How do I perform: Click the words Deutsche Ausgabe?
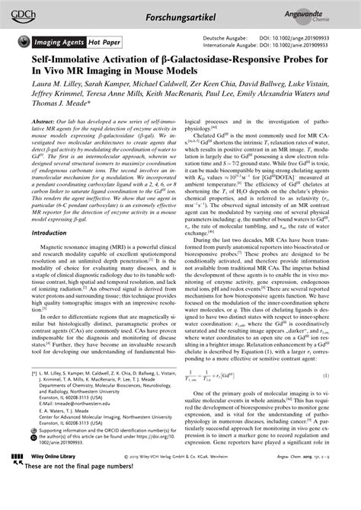(x=222, y=37)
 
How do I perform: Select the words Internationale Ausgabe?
(x=227, y=45)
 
